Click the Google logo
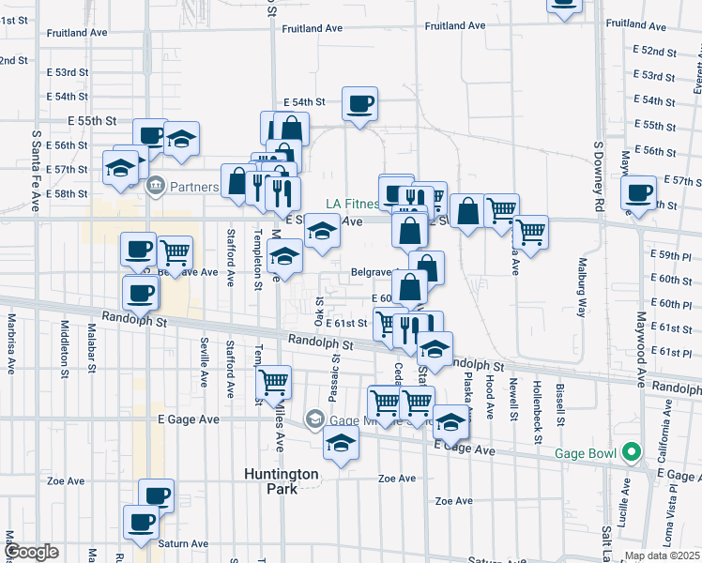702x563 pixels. (x=31, y=551)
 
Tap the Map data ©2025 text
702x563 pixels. (x=661, y=555)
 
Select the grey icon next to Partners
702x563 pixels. (x=156, y=186)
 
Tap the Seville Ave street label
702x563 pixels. (x=204, y=361)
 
